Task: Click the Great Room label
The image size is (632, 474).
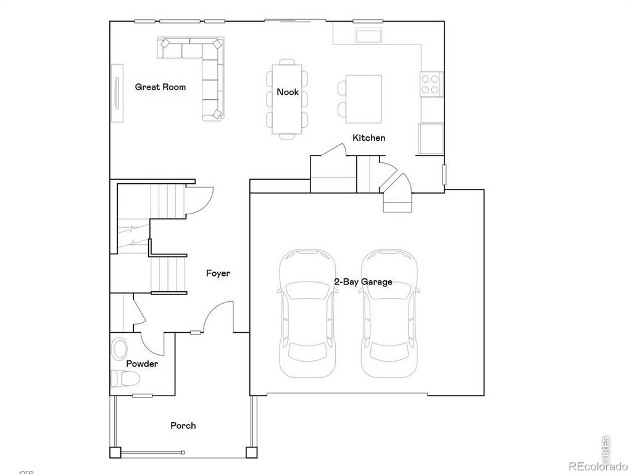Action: [x=160, y=87]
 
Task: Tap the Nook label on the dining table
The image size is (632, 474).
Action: [x=288, y=92]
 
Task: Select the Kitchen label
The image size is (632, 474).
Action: [x=368, y=138]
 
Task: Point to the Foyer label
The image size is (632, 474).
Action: [x=218, y=273]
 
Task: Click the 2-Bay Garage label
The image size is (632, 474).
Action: [x=363, y=282]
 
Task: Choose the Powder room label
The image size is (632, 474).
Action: [x=142, y=364]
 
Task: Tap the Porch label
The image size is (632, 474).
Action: [x=183, y=425]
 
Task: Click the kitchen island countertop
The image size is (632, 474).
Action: [x=364, y=99]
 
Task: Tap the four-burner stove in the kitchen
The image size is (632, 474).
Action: [x=431, y=84]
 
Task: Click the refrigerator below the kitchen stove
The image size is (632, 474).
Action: [x=431, y=138]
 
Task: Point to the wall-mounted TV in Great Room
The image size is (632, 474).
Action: [x=115, y=93]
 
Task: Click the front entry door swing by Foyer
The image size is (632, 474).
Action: [x=219, y=318]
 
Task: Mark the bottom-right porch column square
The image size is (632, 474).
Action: [x=251, y=452]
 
